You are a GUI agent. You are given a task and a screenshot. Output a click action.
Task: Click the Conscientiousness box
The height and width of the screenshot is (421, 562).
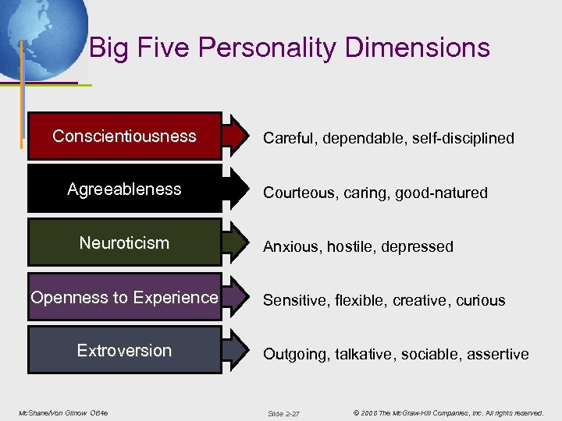point(124,136)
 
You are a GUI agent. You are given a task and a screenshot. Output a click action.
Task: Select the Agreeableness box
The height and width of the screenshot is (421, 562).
point(124,189)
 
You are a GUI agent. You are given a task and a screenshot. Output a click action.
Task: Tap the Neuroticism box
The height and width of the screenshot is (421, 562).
point(124,242)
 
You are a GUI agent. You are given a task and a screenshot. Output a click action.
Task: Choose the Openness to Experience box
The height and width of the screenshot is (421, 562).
point(124,297)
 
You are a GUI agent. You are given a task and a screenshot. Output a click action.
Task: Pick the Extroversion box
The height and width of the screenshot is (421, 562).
point(124,350)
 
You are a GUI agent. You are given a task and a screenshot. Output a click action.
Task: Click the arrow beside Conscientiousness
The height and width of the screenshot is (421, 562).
point(235,136)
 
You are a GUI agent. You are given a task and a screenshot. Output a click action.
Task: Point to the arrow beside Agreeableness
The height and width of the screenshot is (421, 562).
point(235,189)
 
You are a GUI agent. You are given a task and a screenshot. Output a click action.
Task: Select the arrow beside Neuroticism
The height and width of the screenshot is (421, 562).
point(235,242)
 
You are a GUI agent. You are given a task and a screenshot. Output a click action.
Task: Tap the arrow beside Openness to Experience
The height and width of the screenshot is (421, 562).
point(235,297)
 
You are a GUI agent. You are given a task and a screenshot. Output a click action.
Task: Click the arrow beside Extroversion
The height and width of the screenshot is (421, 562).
point(235,350)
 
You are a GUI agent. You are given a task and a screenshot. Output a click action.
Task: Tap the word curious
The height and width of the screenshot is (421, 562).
point(477,300)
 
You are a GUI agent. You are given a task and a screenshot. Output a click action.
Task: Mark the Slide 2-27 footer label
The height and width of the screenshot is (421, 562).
point(283,412)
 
